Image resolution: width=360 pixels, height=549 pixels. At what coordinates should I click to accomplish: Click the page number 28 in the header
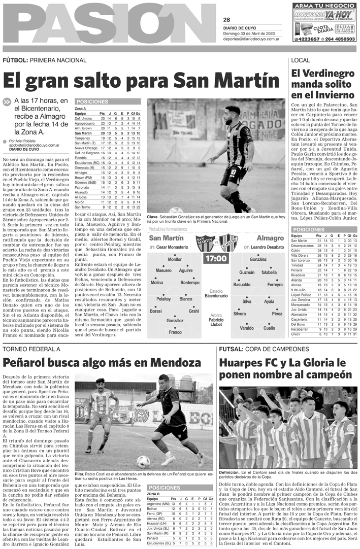pos(226,20)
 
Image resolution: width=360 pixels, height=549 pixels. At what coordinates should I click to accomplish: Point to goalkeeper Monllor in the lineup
pos(174,259)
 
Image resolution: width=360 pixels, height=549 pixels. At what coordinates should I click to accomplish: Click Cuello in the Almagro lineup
pos(269,328)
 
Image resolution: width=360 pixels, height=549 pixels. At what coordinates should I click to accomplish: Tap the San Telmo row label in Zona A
pos(82,207)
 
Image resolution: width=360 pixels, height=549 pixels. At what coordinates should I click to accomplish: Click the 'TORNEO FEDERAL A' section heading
pos(31,349)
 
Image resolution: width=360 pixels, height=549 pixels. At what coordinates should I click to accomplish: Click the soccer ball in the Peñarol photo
pos(143,461)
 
